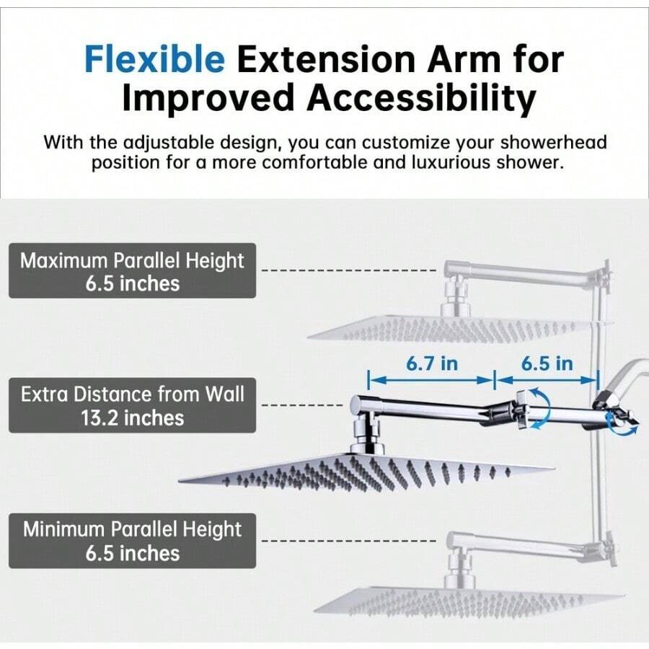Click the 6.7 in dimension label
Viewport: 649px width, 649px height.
coord(431,363)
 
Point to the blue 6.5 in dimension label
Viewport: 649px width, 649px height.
coord(547,363)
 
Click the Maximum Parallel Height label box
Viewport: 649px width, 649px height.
coord(132,271)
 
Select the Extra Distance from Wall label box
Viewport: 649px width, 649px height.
coord(132,405)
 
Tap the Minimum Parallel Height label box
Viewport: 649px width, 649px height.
coord(132,541)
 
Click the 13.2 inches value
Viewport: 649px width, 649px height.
coord(132,418)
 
